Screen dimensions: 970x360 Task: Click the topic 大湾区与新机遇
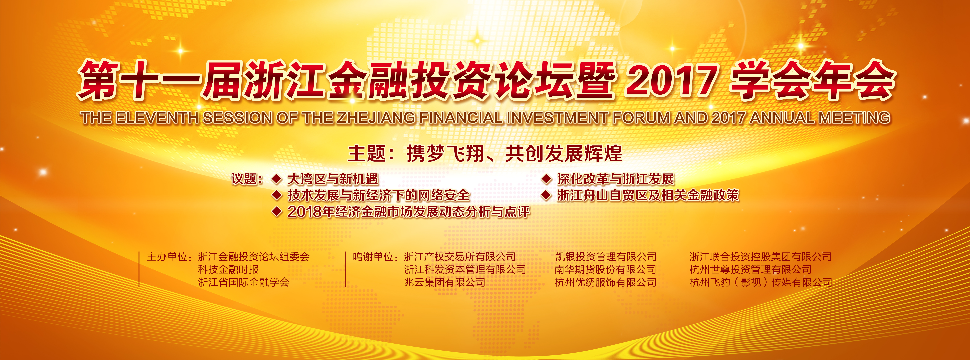pyautogui.click(x=332, y=179)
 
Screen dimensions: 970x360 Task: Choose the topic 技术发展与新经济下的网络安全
pyautogui.click(x=378, y=195)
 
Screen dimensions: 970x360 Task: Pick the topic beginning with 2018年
pyautogui.click(x=409, y=212)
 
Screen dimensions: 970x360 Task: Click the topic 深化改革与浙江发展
pyautogui.click(x=616, y=179)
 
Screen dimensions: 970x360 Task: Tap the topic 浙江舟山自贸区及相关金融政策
pyautogui.click(x=648, y=195)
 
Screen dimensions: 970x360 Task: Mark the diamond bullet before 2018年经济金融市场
pyautogui.click(x=277, y=212)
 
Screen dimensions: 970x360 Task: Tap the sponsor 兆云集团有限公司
pyautogui.click(x=445, y=282)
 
